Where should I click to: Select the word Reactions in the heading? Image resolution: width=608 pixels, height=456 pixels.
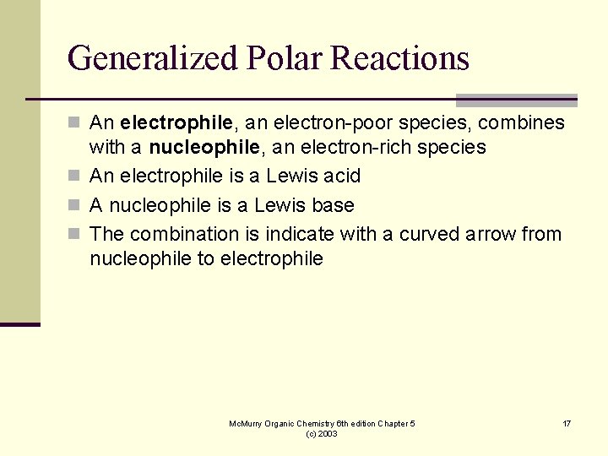click(x=400, y=58)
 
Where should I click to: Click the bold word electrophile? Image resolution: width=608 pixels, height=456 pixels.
click(x=176, y=123)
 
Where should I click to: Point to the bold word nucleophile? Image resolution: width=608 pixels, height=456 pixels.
click(x=203, y=148)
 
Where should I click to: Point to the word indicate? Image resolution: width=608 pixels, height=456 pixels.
click(x=306, y=234)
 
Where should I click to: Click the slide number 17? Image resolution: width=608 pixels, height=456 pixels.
click(x=567, y=423)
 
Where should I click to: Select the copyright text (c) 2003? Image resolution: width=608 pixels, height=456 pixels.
click(x=322, y=433)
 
